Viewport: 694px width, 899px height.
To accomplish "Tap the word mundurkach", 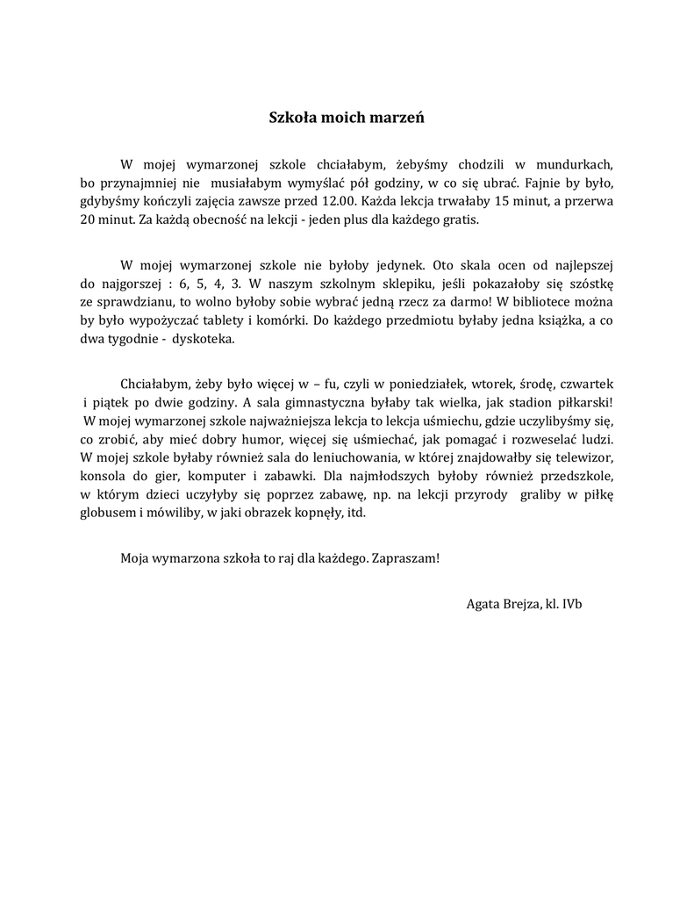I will coord(574,163).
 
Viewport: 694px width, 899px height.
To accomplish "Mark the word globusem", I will coord(107,514).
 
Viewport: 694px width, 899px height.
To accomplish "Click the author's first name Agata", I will coord(484,603).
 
